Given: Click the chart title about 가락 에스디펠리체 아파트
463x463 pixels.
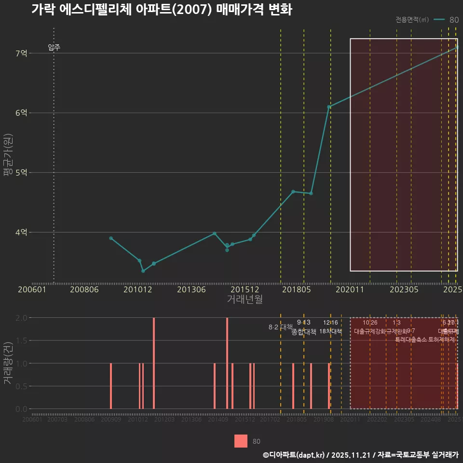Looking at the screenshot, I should pyautogui.click(x=162, y=10).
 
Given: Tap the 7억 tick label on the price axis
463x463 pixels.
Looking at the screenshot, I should pyautogui.click(x=21, y=53).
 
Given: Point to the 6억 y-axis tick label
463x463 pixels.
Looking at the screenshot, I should pyautogui.click(x=21, y=113).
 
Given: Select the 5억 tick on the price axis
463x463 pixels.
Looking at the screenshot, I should pyautogui.click(x=21, y=173).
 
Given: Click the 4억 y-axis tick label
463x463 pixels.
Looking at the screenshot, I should pyautogui.click(x=21, y=232).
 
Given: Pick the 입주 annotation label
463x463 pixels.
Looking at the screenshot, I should pyautogui.click(x=54, y=47).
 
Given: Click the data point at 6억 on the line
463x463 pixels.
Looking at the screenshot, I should pyautogui.click(x=329, y=107).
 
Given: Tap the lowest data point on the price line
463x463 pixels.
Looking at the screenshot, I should pyautogui.click(x=143, y=271).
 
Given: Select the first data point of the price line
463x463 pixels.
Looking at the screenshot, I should pyautogui.click(x=111, y=238).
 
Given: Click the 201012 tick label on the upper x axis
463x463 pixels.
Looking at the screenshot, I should pyautogui.click(x=138, y=289).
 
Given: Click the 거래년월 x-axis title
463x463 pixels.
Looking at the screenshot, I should pyautogui.click(x=245, y=300).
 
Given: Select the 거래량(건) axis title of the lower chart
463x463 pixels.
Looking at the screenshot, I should pyautogui.click(x=7, y=363).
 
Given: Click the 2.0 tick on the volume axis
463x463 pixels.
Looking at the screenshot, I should pyautogui.click(x=21, y=318).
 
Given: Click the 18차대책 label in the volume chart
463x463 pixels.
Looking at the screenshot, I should pyautogui.click(x=330, y=331).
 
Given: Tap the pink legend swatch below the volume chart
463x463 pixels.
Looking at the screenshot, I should pyautogui.click(x=241, y=441).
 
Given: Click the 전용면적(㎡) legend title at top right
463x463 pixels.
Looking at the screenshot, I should pyautogui.click(x=412, y=20).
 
